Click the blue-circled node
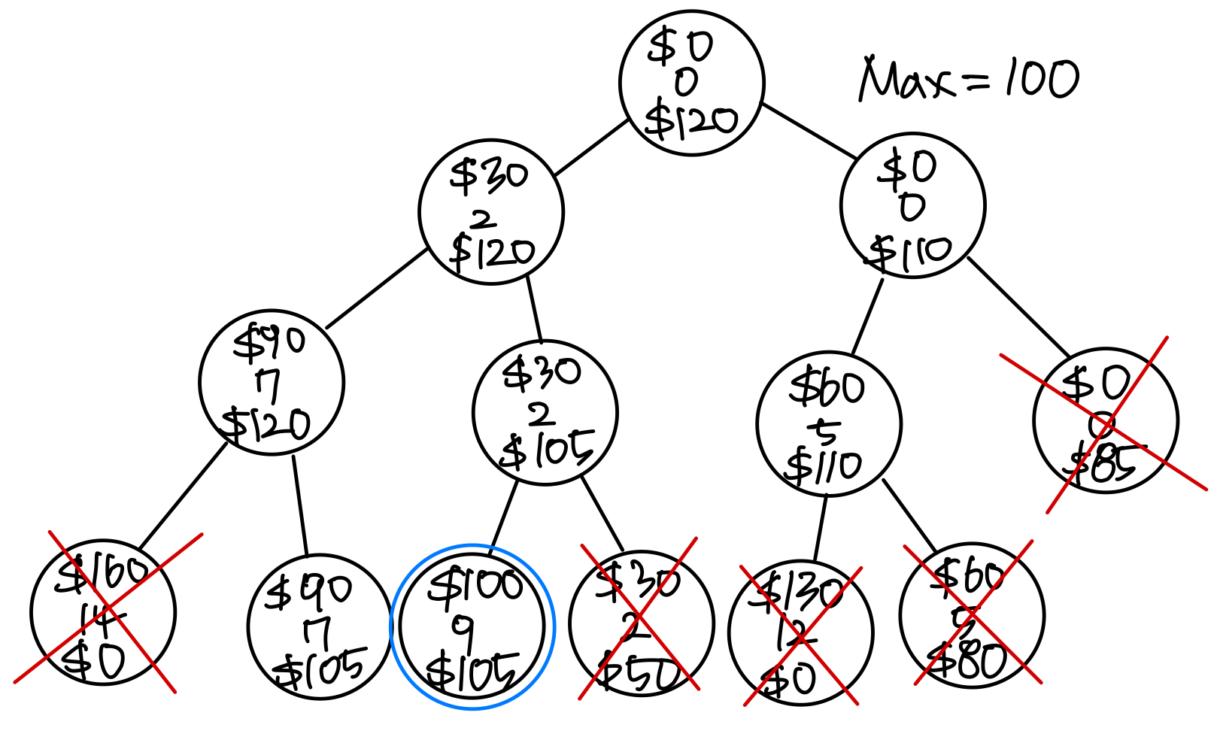472,626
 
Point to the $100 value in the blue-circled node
475,585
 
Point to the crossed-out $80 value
969,662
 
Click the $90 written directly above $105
307,590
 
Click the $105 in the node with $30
548,451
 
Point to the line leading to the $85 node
1018,306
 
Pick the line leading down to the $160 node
184,496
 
